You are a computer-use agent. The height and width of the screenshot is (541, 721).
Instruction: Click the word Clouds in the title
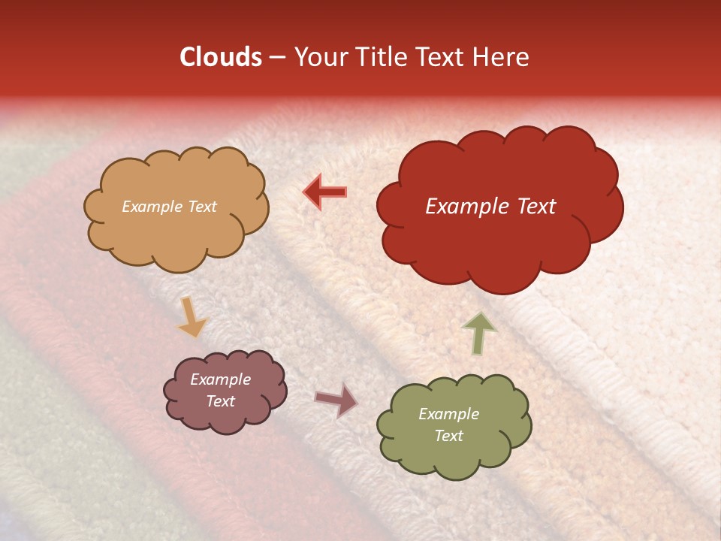(x=221, y=57)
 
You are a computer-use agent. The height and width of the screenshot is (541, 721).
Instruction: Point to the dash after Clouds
(x=276, y=58)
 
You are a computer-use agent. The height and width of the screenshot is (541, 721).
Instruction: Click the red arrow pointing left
(x=324, y=192)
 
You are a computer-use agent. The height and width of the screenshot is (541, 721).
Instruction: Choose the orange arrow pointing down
(x=191, y=317)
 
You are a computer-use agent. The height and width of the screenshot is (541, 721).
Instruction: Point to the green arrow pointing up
(x=478, y=333)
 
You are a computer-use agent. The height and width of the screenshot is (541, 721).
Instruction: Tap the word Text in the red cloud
(x=537, y=207)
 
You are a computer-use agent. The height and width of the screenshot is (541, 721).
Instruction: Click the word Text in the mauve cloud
(x=221, y=401)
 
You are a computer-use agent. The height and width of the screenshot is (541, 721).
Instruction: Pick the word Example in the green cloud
(x=448, y=414)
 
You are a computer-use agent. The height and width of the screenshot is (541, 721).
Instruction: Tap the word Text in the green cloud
(x=448, y=436)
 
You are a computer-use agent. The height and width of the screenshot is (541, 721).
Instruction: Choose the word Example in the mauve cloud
(x=221, y=380)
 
